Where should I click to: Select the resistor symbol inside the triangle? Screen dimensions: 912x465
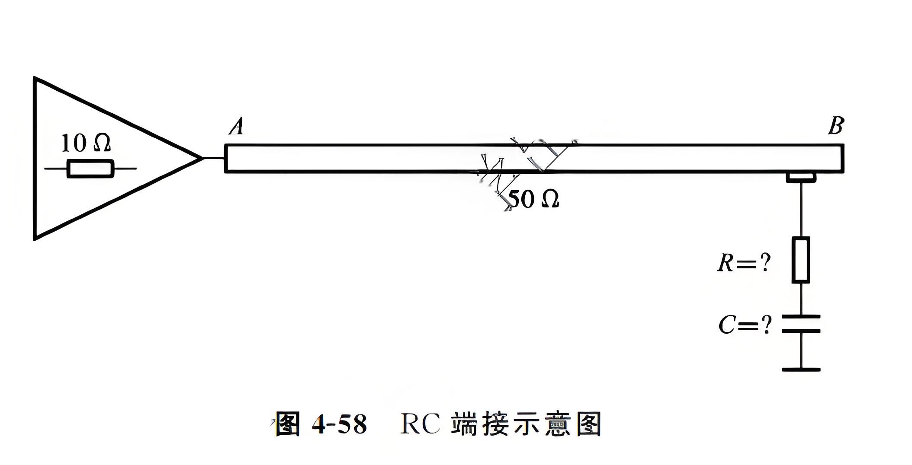pos(90,169)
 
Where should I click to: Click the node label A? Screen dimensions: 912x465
pos(236,127)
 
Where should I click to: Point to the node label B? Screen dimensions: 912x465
pos(836,126)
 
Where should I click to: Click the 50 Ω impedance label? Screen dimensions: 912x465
pos(534,200)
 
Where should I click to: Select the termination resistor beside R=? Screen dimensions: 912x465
pos(801,260)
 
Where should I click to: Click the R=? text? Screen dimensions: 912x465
pos(744,262)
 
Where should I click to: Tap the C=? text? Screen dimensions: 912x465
pos(745,325)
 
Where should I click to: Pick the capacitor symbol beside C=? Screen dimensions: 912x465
pos(801,324)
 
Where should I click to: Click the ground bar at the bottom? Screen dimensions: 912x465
pos(801,369)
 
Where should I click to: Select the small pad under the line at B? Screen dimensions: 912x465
pos(801,177)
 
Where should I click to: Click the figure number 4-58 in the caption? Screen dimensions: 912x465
pos(339,424)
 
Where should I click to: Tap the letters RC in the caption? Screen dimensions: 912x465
pos(420,424)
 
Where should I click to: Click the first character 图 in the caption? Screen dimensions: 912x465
pos(287,424)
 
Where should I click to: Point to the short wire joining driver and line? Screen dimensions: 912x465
pos(213,158)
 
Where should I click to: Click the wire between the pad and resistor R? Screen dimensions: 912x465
pos(801,210)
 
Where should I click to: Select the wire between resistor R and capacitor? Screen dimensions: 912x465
pos(801,299)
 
